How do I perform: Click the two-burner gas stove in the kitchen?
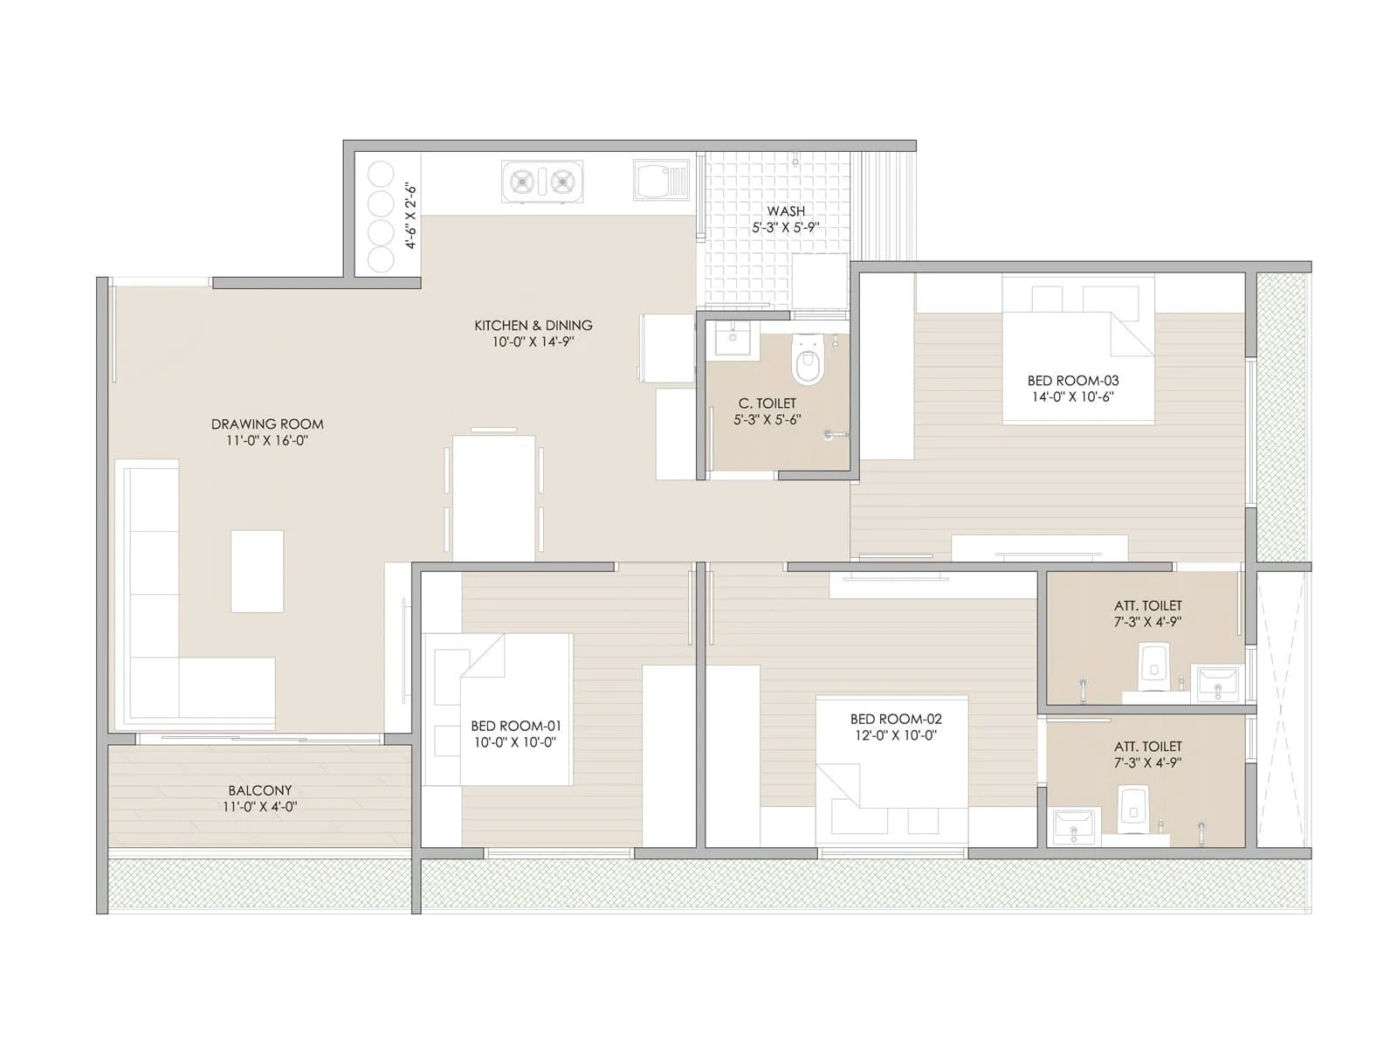pyautogui.click(x=540, y=182)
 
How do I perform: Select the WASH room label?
pyautogui.click(x=786, y=211)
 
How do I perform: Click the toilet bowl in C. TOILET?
pyautogui.click(x=808, y=362)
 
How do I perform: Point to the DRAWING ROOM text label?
pyautogui.click(x=267, y=424)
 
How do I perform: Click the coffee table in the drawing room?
pyautogui.click(x=257, y=571)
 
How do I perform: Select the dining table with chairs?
pyautogui.click(x=493, y=496)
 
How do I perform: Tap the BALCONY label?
pyautogui.click(x=260, y=790)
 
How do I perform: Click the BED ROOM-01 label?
pyautogui.click(x=516, y=726)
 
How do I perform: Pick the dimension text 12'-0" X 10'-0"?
pyautogui.click(x=896, y=736)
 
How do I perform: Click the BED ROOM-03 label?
pyautogui.click(x=1073, y=381)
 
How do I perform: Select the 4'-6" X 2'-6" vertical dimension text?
pyautogui.click(x=412, y=216)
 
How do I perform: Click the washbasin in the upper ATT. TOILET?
pyautogui.click(x=1217, y=683)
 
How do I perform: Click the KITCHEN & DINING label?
pyautogui.click(x=533, y=325)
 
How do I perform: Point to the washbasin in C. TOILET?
pyautogui.click(x=731, y=337)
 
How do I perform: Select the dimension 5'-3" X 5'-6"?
pyautogui.click(x=767, y=420)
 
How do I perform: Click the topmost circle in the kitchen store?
pyautogui.click(x=382, y=175)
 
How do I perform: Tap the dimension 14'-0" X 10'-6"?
pyautogui.click(x=1073, y=397)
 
